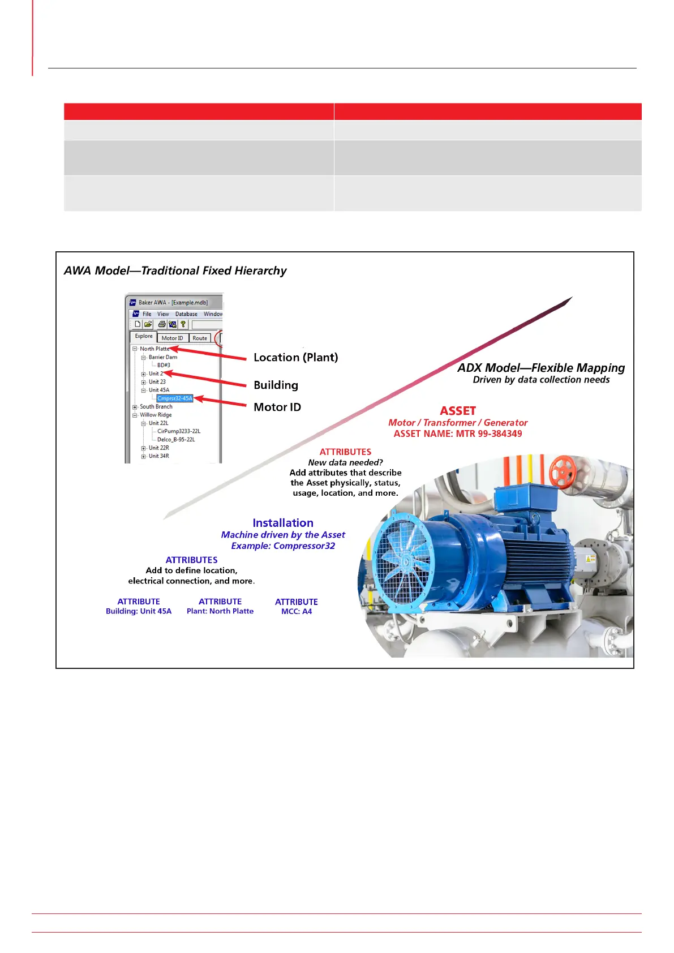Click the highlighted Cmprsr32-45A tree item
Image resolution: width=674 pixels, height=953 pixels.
(175, 398)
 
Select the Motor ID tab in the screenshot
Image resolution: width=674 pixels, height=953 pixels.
(172, 338)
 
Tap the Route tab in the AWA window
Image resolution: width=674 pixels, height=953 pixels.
(200, 338)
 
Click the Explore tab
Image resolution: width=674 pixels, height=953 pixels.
(144, 336)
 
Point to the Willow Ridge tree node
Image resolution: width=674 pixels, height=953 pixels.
(156, 415)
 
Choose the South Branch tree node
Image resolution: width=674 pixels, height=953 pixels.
(156, 406)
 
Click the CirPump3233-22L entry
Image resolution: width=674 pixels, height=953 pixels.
(179, 431)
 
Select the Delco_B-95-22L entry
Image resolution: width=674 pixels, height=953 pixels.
(176, 439)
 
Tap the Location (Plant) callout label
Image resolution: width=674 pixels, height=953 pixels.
(295, 358)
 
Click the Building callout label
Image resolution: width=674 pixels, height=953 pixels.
(276, 385)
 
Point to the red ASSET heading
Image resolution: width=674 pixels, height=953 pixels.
(458, 411)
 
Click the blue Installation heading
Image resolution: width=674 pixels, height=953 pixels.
(283, 523)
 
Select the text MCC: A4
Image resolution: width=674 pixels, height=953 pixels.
(297, 612)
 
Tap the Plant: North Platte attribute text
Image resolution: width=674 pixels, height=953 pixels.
(220, 611)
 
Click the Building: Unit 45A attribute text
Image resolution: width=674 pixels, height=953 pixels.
(139, 611)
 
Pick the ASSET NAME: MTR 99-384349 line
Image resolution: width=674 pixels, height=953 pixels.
(458, 434)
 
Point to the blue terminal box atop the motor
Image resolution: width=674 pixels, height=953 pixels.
(518, 499)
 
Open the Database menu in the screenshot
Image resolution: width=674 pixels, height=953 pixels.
(186, 314)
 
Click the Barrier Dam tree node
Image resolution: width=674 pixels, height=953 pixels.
(163, 357)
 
